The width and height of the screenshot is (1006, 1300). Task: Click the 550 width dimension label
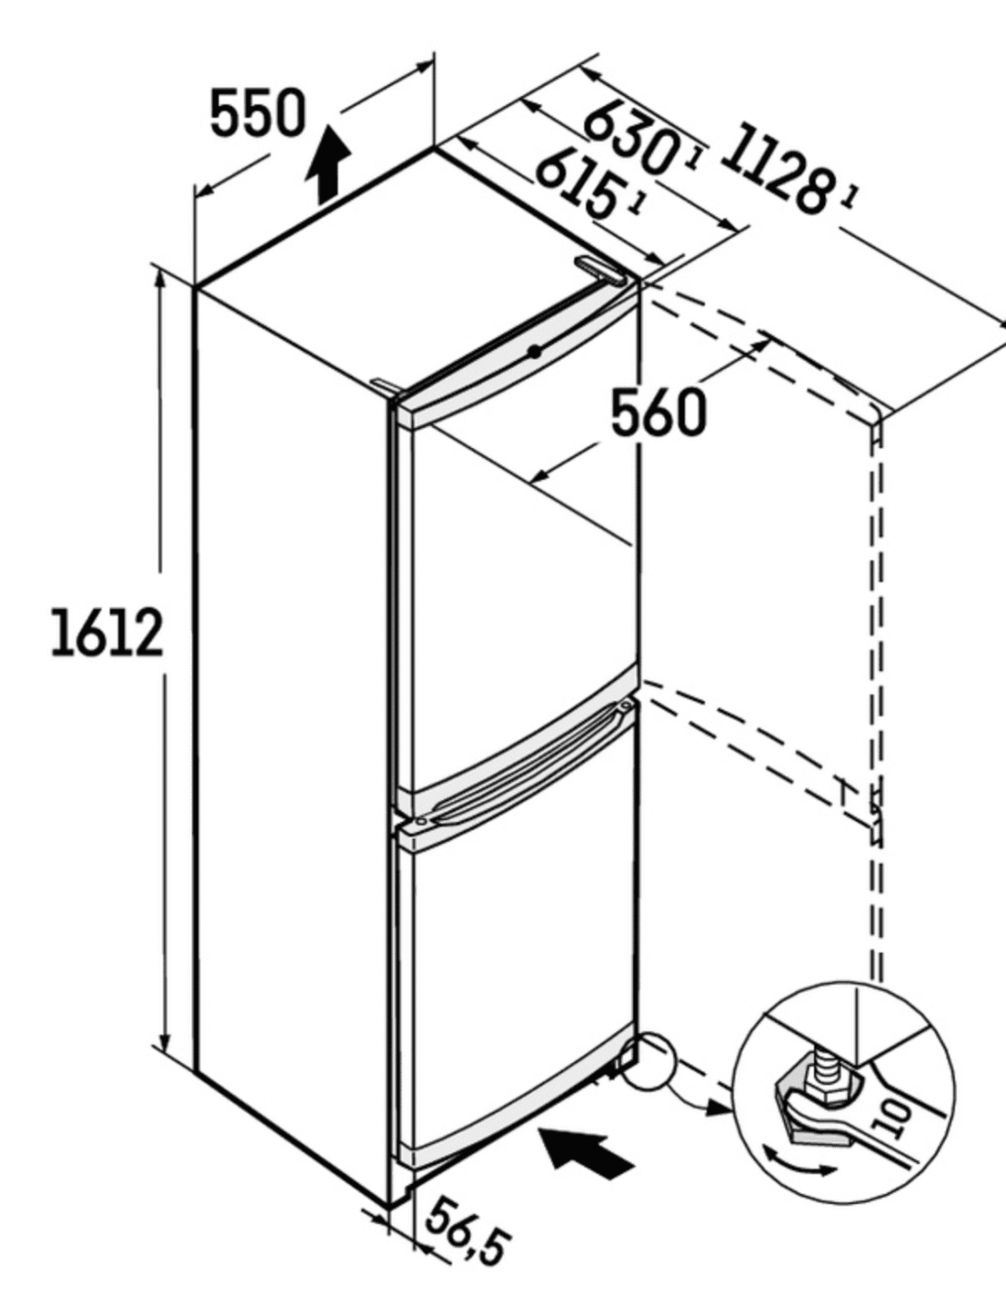click(x=258, y=112)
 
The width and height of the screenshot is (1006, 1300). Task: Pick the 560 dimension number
click(x=658, y=412)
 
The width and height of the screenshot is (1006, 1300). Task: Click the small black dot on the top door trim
click(x=535, y=352)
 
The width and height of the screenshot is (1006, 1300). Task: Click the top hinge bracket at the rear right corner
click(x=598, y=269)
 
